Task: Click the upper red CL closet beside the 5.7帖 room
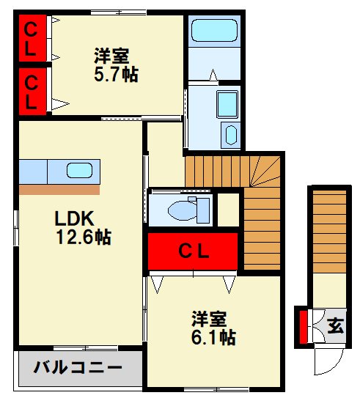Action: (x=32, y=39)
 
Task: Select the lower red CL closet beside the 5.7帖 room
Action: (x=32, y=91)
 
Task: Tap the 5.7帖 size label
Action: (x=116, y=74)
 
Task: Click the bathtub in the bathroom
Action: (x=214, y=32)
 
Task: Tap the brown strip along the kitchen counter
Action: (x=59, y=190)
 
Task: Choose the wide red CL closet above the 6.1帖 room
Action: (x=194, y=251)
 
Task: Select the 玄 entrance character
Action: (x=334, y=325)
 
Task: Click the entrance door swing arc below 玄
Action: (x=327, y=363)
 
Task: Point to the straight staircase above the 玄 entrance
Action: (x=328, y=235)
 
